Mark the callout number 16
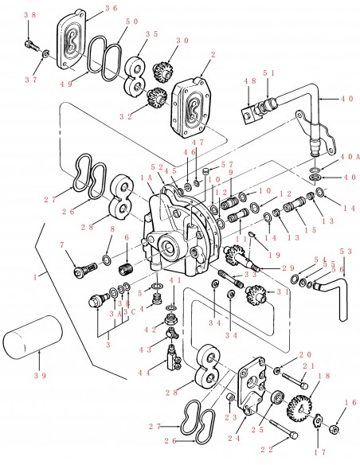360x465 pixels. [349, 403]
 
